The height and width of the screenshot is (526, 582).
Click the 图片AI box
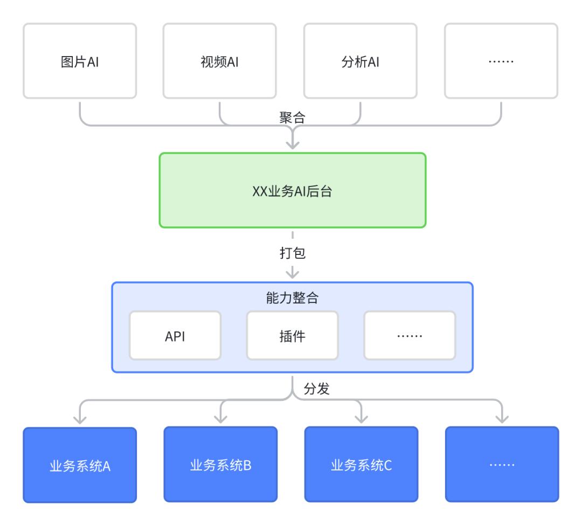tap(80, 61)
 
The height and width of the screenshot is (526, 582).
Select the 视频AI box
tap(220, 61)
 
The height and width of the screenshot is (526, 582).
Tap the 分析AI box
tap(361, 61)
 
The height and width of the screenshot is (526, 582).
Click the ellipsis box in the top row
tap(501, 61)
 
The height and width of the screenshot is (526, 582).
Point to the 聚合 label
tap(293, 117)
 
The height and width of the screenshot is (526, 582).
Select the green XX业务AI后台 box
tap(293, 190)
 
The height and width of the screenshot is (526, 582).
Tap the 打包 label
tap(293, 253)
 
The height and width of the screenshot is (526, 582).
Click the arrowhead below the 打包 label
tap(293, 274)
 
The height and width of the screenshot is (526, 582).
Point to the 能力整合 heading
tap(293, 297)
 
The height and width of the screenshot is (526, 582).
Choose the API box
tap(175, 336)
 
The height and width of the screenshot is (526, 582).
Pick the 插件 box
tap(293, 336)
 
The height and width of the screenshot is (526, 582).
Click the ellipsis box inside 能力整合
tap(410, 336)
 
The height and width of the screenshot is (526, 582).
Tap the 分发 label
tap(317, 389)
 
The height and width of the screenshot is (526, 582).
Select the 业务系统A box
tap(80, 465)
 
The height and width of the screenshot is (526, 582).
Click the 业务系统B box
tap(220, 465)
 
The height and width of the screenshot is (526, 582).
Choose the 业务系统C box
tap(361, 465)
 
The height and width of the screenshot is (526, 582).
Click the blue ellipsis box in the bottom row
tap(502, 465)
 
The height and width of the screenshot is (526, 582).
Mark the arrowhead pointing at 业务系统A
tap(80, 419)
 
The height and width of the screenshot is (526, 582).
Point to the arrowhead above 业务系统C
tap(361, 419)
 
